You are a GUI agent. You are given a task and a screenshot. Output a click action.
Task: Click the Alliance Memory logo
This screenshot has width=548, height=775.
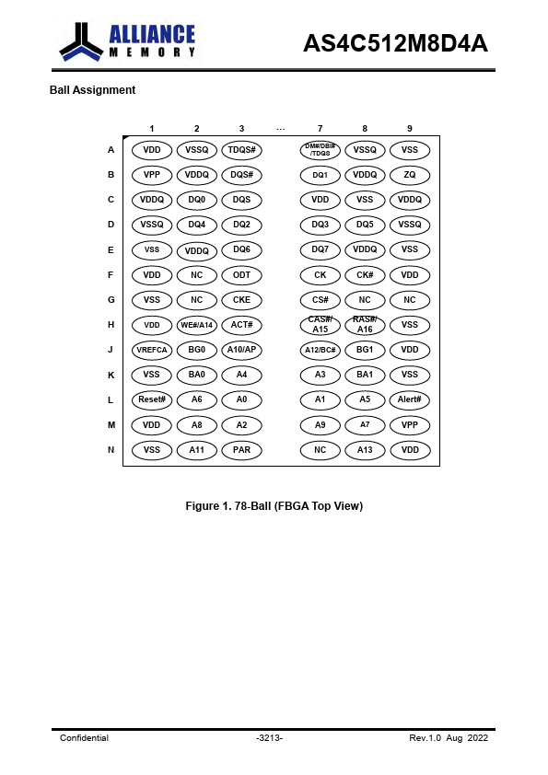[x=128, y=41]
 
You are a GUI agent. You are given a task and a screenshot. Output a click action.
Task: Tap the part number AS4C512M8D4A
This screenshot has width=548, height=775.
[x=395, y=43]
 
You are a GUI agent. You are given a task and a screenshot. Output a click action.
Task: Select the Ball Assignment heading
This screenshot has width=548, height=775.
[x=92, y=90]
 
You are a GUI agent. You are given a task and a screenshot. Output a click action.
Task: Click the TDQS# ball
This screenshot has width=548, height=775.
[x=241, y=150]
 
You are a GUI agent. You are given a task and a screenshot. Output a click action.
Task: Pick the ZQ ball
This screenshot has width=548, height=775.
[x=410, y=175]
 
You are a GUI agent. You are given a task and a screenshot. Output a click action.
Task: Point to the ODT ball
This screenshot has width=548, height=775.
[x=241, y=275]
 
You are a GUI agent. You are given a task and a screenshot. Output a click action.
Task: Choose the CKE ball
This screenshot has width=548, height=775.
[x=241, y=300]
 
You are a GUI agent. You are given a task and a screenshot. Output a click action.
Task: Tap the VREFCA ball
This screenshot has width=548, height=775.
[x=152, y=350]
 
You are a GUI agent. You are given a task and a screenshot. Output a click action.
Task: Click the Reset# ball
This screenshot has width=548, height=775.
[x=152, y=399]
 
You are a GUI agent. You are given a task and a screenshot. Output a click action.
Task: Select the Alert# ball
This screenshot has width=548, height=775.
[x=410, y=399]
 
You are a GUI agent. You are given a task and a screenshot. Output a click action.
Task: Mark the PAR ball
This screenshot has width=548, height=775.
[x=241, y=450]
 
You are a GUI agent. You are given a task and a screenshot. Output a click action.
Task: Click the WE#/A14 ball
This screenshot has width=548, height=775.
[x=196, y=325]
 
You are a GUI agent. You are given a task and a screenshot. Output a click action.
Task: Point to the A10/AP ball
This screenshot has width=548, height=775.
[x=241, y=350]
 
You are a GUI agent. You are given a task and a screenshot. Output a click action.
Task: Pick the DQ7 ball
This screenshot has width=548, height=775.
[x=320, y=250]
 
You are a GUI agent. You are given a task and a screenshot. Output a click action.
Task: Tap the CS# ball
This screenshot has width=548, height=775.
[x=320, y=300]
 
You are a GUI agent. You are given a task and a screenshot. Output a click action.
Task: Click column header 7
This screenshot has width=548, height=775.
[x=320, y=129]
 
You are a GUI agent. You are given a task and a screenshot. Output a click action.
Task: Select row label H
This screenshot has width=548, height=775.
[x=111, y=325]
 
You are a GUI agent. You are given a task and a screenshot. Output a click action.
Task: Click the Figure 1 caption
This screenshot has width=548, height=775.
[x=274, y=506]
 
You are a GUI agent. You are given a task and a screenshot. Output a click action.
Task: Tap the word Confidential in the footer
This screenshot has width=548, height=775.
[x=84, y=738]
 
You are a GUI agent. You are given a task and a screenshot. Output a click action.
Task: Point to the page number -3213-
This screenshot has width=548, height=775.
[x=270, y=738]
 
